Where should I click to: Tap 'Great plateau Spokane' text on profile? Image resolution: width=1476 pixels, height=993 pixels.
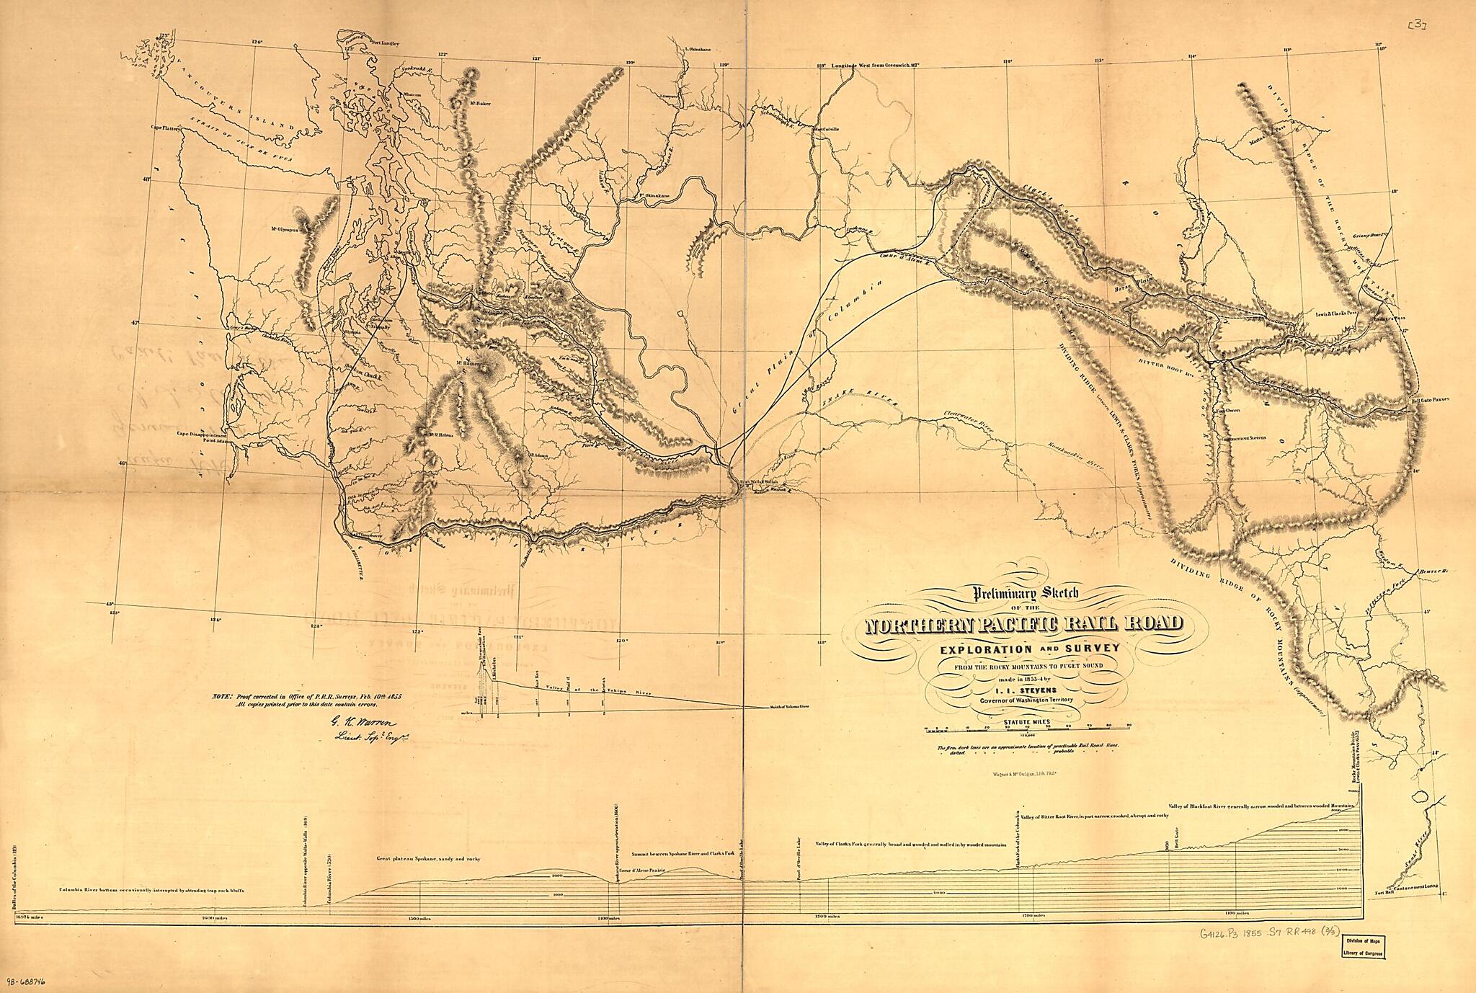(428, 859)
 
